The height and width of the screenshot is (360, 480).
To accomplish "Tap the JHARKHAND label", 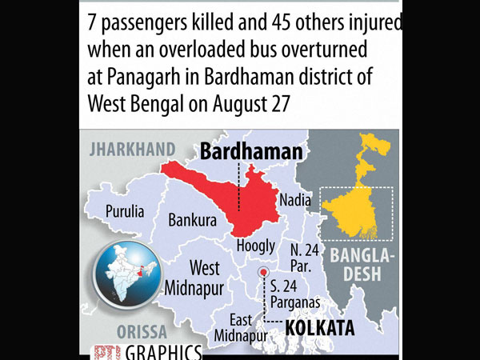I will [133, 148].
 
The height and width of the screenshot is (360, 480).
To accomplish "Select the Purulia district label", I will [125, 212].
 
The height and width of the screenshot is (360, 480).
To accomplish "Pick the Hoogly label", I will [255, 246].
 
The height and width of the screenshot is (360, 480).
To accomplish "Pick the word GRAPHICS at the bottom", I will [157, 352].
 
